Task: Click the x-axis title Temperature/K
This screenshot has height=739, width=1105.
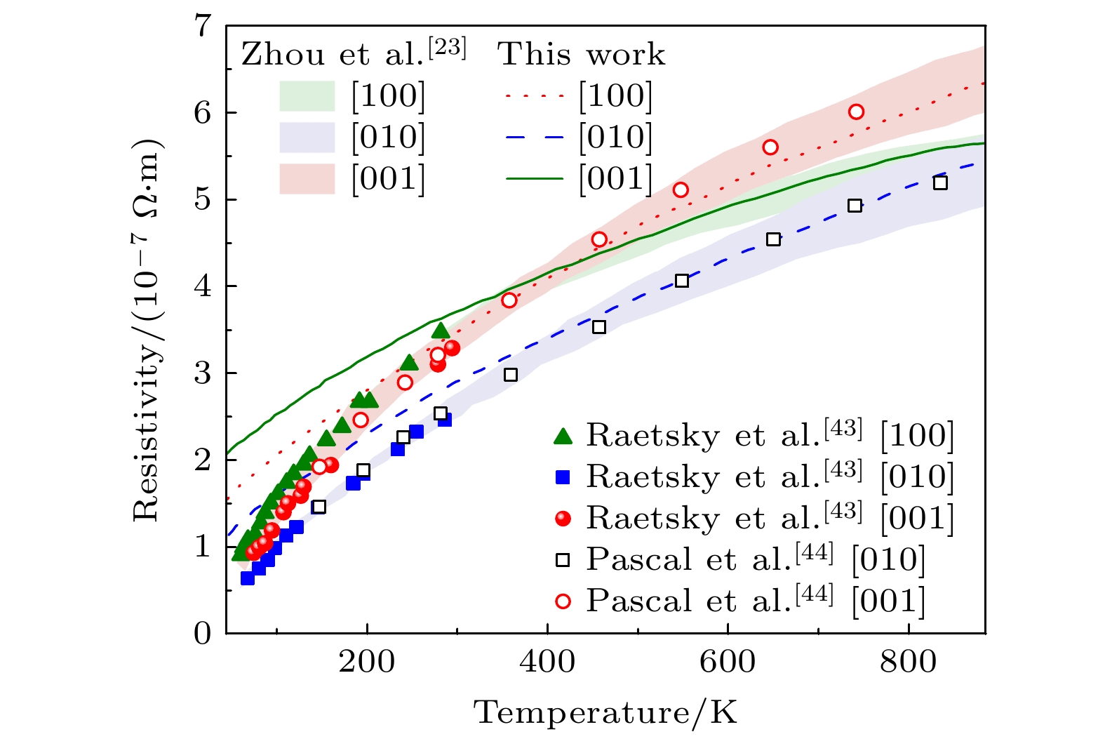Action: (x=606, y=713)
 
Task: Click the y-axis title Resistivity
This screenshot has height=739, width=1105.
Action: (x=148, y=330)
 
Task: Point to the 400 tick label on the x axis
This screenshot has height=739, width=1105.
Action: (x=547, y=662)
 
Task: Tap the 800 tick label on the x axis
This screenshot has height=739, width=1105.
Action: (x=909, y=662)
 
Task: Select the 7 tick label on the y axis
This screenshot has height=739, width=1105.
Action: (x=202, y=27)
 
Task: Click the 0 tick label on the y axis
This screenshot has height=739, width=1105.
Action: (x=202, y=633)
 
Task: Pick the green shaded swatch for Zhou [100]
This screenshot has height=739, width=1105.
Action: (x=307, y=96)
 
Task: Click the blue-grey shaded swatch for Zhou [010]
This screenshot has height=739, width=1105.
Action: (x=307, y=138)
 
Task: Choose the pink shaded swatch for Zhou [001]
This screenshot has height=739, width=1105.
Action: (x=307, y=179)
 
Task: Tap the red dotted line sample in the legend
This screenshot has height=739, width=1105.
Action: (x=535, y=96)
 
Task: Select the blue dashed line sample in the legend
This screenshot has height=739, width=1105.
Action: (x=535, y=138)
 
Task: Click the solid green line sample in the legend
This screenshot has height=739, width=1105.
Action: (x=535, y=179)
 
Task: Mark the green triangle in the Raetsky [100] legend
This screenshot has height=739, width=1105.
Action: (x=563, y=437)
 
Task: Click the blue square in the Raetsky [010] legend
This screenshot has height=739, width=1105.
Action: (x=563, y=477)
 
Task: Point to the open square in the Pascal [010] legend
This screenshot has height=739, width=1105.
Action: (x=563, y=560)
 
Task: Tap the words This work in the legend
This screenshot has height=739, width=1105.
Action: (x=582, y=55)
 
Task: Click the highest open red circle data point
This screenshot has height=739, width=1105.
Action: (x=856, y=112)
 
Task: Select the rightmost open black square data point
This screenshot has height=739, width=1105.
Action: (x=940, y=183)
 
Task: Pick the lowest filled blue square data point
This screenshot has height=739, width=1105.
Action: (x=247, y=578)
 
